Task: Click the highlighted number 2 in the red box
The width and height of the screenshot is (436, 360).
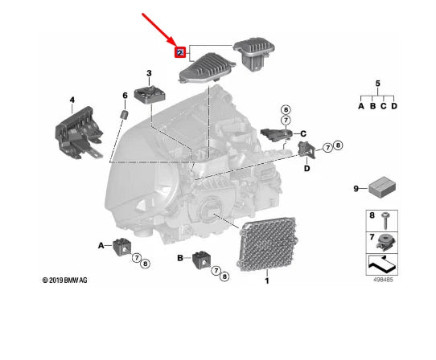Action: coord(180,52)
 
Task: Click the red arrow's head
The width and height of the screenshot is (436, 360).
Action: coord(172,43)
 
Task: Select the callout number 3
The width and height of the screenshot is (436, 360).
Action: coord(149,73)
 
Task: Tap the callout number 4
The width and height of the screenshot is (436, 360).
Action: coord(72,100)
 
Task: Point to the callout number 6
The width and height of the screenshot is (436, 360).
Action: coord(125,96)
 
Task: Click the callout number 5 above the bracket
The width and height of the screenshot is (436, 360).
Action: coord(377,84)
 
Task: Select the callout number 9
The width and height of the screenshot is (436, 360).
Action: coord(356,189)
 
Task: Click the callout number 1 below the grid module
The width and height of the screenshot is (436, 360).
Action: coord(267,280)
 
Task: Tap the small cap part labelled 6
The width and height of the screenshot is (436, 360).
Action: coord(125,114)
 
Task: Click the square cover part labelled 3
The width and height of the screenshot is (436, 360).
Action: coord(150,95)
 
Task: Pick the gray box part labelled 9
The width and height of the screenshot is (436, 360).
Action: coord(382,187)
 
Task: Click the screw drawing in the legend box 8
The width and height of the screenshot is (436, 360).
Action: coord(385,221)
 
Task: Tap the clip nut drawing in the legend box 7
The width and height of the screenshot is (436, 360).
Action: coord(385,242)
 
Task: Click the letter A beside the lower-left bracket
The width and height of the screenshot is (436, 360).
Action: coord(101,246)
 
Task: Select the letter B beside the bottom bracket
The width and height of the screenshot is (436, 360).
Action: coord(180,258)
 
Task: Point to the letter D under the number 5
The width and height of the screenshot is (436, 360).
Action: coord(394,106)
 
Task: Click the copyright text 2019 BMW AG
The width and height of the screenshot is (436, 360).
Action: coord(65,280)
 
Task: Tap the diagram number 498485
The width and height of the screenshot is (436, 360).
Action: coord(383,280)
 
